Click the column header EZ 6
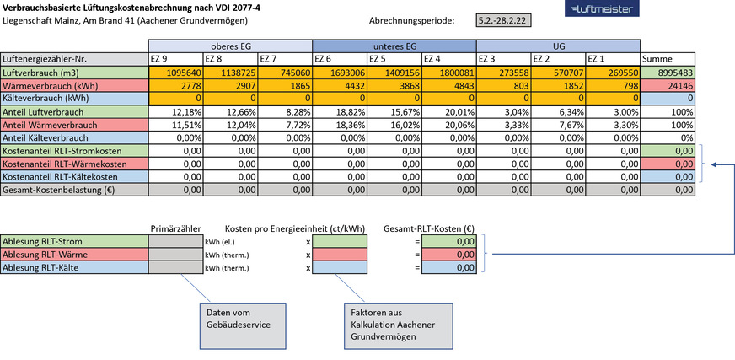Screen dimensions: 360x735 tap(339, 59)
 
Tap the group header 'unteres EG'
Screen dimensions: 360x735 tap(394, 46)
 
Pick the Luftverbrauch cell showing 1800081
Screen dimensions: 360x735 tap(448, 73)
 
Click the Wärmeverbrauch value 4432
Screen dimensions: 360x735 tap(339, 87)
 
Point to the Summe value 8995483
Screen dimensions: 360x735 tap(668, 73)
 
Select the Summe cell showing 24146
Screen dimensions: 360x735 tap(668, 87)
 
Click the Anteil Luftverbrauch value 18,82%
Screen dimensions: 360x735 tap(339, 113)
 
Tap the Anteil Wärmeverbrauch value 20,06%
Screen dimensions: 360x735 tap(448, 126)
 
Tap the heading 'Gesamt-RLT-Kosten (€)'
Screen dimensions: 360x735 tap(427, 228)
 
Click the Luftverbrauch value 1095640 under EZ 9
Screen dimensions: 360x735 tap(174, 73)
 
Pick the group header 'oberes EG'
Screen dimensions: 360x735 tap(229, 46)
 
